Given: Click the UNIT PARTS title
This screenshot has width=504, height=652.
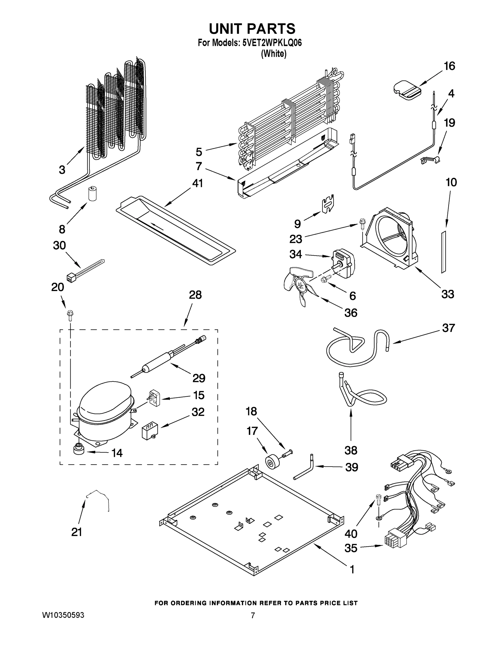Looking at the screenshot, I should click(252, 29).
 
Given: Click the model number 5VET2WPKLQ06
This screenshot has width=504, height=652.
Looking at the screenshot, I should click(272, 43).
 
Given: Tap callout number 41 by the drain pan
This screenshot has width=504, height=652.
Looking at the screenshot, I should click(197, 183).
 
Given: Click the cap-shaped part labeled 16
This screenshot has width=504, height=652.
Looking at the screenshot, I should click(406, 90).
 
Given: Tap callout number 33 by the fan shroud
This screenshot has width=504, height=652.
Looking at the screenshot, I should click(447, 294).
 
